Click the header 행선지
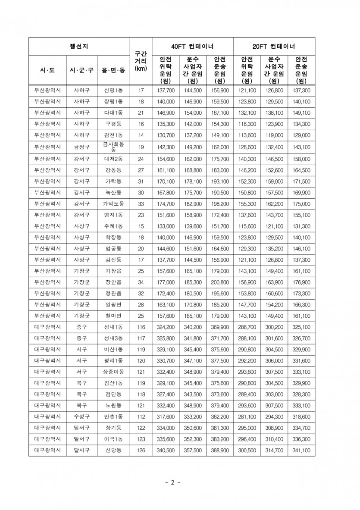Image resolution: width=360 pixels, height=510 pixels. click(79, 46)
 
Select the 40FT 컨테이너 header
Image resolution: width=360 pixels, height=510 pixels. click(192, 46)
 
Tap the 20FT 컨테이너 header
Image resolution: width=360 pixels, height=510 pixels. click(274, 46)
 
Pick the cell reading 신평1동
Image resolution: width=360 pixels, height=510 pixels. click(113, 91)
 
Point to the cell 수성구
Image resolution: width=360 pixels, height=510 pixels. click(81, 417)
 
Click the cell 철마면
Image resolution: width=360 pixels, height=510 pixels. click(113, 316)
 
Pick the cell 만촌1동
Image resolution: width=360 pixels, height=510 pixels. click(113, 417)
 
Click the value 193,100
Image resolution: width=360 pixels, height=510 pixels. click(220, 181)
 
